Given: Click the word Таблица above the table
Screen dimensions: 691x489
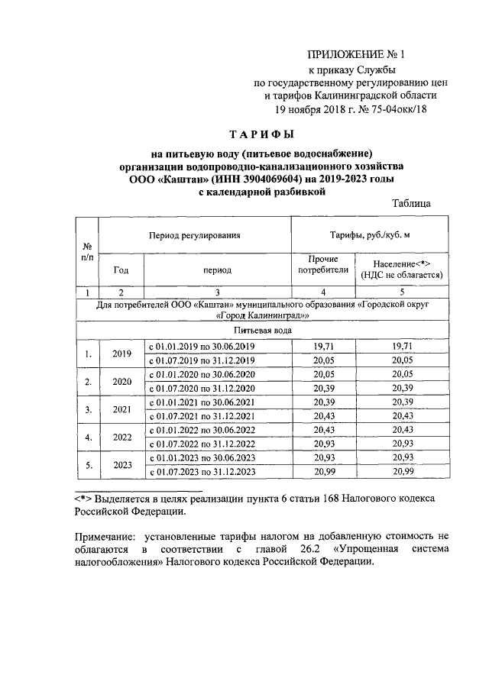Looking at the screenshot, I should click(411, 204).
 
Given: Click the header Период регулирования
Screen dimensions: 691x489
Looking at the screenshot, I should click(195, 235).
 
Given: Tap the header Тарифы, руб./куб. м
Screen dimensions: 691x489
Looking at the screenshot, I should click(367, 235).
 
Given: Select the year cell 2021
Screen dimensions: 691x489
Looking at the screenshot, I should click(122, 408).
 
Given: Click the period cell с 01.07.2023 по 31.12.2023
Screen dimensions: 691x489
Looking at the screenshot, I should click(202, 473).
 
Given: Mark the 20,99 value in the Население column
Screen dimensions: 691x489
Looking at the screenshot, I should click(403, 473).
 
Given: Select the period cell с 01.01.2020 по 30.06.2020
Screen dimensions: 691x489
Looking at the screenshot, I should click(202, 375).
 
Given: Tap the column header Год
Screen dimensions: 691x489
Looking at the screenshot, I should click(121, 270).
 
